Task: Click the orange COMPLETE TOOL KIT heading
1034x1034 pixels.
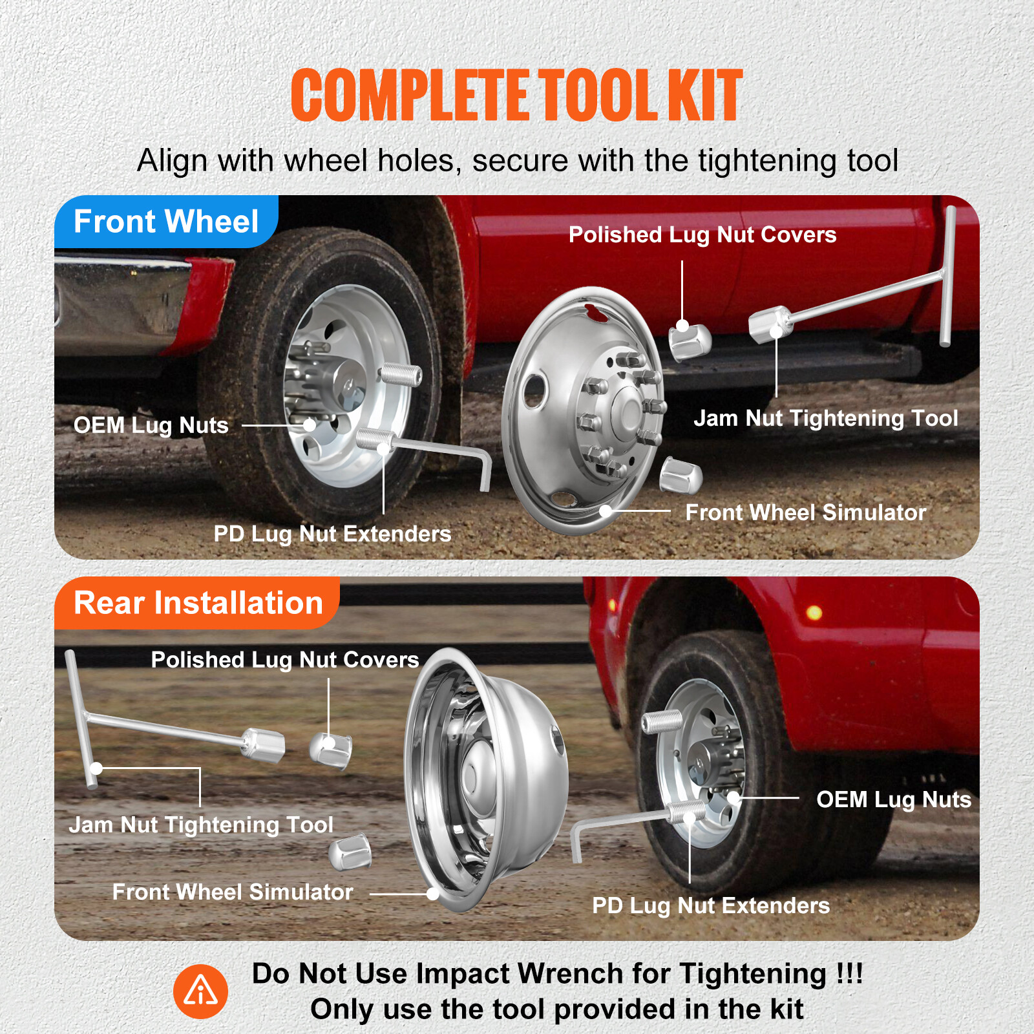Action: coord(517,96)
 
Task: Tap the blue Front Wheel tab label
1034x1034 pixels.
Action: coord(166,222)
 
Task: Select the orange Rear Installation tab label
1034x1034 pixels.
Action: coord(198,603)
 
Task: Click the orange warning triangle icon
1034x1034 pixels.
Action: coord(200,991)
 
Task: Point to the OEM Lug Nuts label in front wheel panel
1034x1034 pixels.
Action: coord(151,425)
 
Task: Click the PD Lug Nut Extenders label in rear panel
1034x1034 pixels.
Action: coord(711,905)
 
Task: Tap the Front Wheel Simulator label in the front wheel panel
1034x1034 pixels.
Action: coord(805,512)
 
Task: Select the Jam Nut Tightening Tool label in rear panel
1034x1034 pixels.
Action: coord(201,825)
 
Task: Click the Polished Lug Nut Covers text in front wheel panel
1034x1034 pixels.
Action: coord(702,235)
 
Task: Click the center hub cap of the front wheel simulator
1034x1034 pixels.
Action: coord(626,410)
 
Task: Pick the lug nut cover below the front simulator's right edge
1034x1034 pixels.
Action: coord(681,476)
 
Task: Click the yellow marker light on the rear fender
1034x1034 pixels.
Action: coord(814,612)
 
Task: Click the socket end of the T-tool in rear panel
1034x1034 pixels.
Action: coord(264,744)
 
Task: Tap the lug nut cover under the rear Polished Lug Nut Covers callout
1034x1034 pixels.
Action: coord(331,750)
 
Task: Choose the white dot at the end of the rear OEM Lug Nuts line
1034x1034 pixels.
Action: coord(733,798)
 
